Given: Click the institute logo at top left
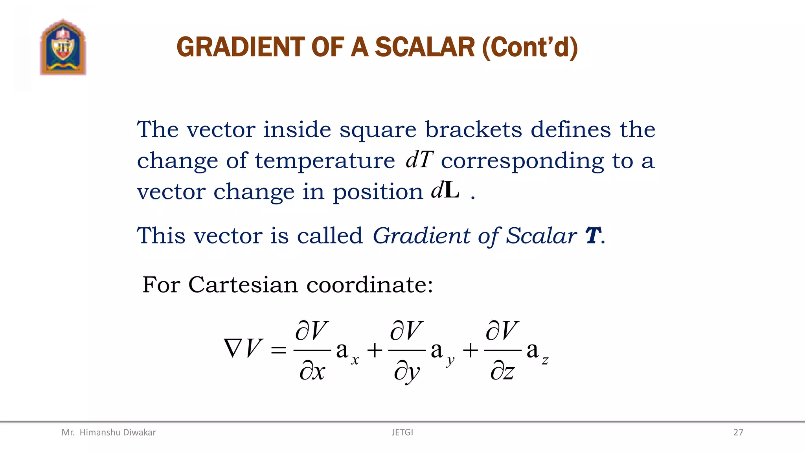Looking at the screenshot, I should (x=63, y=47).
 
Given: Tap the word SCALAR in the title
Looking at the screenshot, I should (x=425, y=47).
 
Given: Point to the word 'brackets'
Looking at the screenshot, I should (x=474, y=130).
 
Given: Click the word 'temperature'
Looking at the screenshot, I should (x=325, y=161).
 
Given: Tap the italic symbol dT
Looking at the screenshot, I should (x=419, y=160).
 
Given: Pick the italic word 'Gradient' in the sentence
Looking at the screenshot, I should (x=421, y=236).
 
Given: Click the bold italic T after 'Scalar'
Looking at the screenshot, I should (x=593, y=236).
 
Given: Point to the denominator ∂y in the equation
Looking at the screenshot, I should (x=407, y=372).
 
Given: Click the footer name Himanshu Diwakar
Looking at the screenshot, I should (x=118, y=433).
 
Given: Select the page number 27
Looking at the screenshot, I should (x=738, y=433).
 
